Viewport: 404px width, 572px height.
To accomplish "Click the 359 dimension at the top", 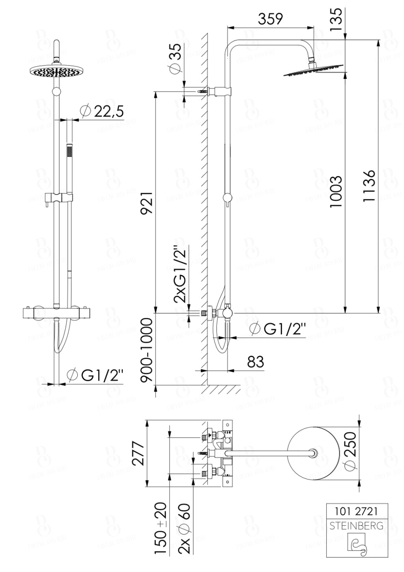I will (x=270, y=19).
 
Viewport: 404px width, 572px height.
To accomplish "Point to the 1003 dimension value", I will (x=336, y=192).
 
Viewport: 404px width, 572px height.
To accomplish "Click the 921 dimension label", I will (x=146, y=203).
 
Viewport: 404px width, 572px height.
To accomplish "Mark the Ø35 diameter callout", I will (x=176, y=57).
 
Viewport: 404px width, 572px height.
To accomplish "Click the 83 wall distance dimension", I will (x=255, y=361).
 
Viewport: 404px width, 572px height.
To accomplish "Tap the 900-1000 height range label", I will (x=147, y=350).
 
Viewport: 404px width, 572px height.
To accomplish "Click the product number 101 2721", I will (x=356, y=511).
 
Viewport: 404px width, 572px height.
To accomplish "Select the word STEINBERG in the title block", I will (x=356, y=525).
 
